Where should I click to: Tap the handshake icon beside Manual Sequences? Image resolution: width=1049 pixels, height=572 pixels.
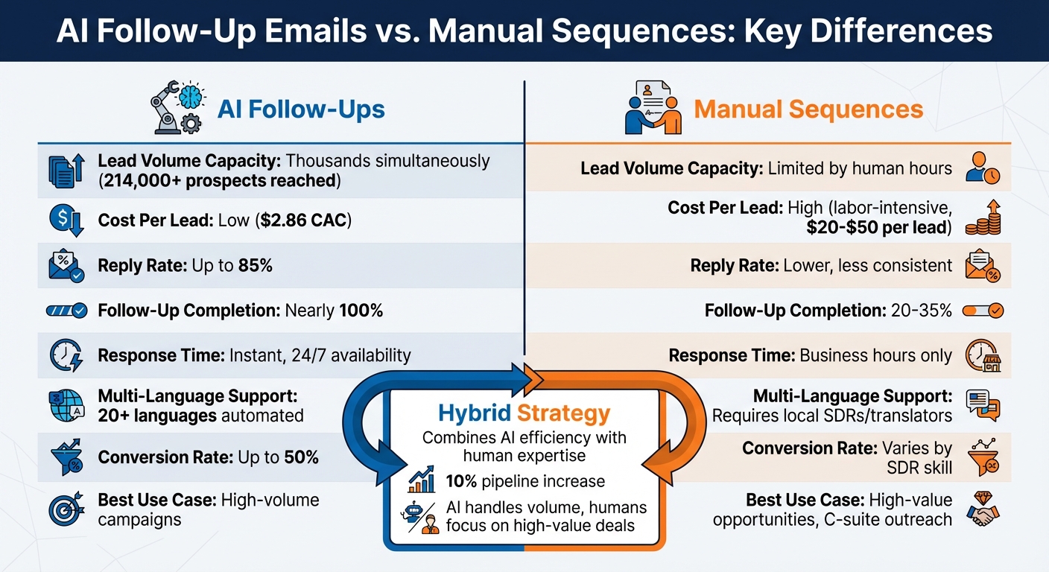pyautogui.click(x=653, y=109)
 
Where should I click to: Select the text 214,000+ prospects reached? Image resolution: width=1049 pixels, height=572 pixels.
pyautogui.click(x=218, y=180)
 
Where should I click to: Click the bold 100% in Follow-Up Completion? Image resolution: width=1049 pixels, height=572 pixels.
pyautogui.click(x=361, y=311)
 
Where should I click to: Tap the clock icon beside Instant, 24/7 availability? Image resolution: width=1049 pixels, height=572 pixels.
pyautogui.click(x=66, y=355)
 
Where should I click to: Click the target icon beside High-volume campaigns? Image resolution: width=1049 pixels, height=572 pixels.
pyautogui.click(x=66, y=509)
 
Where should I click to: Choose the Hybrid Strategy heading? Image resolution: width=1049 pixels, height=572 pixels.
pyautogui.click(x=524, y=413)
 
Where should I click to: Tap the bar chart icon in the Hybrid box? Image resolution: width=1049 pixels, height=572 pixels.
pyautogui.click(x=422, y=480)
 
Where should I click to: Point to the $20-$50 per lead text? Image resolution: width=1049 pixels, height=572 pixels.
pyautogui.click(x=879, y=228)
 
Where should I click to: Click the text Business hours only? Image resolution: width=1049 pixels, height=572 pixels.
pyautogui.click(x=875, y=355)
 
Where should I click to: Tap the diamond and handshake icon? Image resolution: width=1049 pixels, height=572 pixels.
pyautogui.click(x=983, y=509)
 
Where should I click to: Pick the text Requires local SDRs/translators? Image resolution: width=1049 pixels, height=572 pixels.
pyautogui.click(x=832, y=415)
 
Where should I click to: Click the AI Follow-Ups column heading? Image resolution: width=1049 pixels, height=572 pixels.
pyautogui.click(x=301, y=110)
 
